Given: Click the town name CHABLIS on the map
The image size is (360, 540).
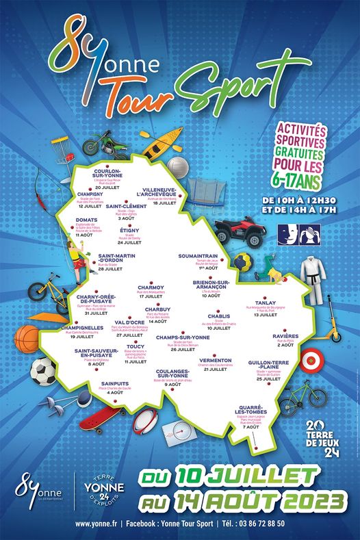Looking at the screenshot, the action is [218, 316].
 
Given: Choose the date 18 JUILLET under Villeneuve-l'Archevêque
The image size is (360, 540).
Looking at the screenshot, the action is [165, 203].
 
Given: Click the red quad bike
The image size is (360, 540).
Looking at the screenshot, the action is [240, 231].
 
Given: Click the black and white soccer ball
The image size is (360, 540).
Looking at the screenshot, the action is [43, 372].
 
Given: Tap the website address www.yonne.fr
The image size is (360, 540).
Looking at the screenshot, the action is [94, 524].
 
